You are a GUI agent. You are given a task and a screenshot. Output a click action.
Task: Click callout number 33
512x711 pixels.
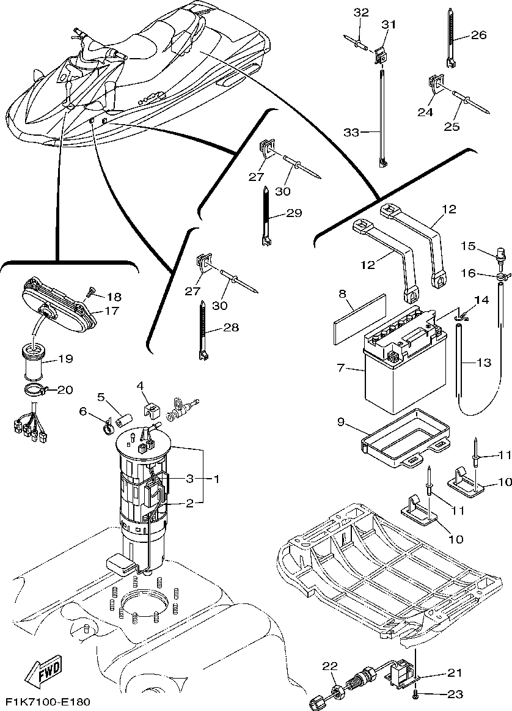point(351,133)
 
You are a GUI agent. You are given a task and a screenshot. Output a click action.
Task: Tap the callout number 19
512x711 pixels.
point(65,359)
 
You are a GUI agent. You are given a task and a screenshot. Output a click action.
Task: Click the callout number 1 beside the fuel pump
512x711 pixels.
point(216,479)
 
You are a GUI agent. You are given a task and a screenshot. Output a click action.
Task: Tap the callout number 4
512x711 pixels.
point(141,386)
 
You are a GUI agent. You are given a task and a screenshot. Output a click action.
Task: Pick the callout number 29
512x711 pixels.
point(294,213)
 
